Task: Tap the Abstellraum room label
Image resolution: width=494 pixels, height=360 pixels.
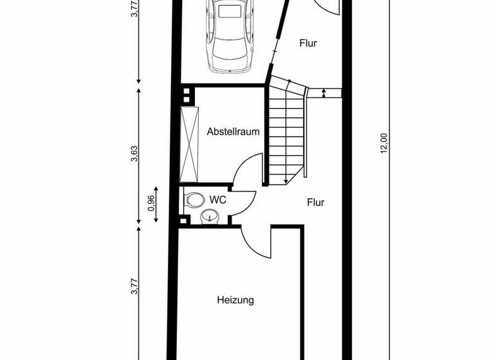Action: (x=233, y=132)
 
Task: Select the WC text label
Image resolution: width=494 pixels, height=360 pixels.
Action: (x=218, y=200)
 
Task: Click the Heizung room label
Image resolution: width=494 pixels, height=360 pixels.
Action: (x=235, y=300)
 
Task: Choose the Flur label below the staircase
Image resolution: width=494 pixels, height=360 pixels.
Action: (x=315, y=203)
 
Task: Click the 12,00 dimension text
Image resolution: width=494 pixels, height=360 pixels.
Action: (x=384, y=143)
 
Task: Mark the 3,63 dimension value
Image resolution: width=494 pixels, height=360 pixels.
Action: (x=134, y=156)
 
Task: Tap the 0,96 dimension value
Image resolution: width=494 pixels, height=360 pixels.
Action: (x=151, y=203)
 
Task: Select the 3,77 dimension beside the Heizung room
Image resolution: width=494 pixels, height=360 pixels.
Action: (x=134, y=287)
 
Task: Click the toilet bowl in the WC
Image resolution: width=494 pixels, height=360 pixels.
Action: (x=192, y=201)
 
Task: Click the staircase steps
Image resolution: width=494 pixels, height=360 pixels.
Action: (x=286, y=135)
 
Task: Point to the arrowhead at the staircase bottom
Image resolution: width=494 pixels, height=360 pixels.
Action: (x=285, y=181)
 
